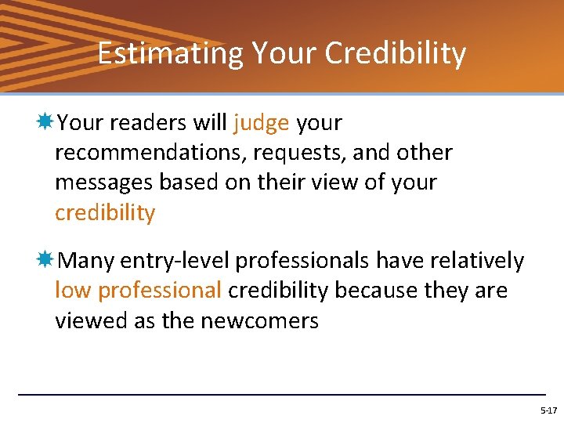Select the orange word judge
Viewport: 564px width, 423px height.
[261, 124]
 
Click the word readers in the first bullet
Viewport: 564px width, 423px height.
[139, 123]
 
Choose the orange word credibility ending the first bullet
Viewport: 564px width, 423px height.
[105, 213]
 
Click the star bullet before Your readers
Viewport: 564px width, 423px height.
[45, 122]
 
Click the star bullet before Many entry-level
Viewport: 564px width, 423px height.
[45, 259]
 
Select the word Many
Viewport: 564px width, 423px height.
[88, 260]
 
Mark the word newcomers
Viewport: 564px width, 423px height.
[260, 320]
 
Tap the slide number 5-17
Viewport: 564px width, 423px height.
[548, 410]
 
